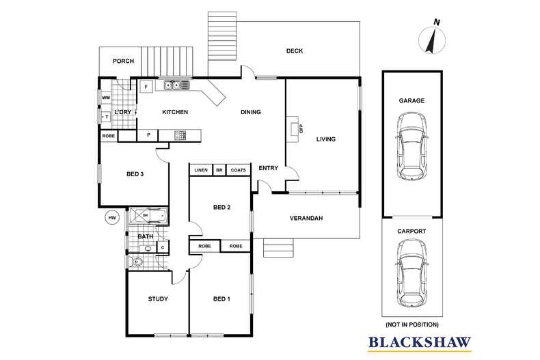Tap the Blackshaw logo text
click(x=420, y=342)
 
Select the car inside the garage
click(x=412, y=146)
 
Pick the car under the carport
click(x=412, y=273)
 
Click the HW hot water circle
click(x=112, y=217)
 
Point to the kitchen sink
click(x=172, y=85)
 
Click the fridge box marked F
click(x=146, y=86)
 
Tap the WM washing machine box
click(x=106, y=98)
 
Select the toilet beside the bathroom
click(x=137, y=262)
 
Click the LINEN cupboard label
click(x=201, y=170)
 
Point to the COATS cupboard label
click(x=239, y=170)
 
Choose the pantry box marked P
click(x=148, y=135)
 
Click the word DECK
click(x=295, y=51)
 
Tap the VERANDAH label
click(x=306, y=218)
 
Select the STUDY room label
click(x=158, y=299)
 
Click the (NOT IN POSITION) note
click(x=412, y=324)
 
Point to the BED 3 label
click(x=135, y=174)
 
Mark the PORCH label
click(x=123, y=61)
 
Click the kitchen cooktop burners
click(x=180, y=135)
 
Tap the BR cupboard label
click(x=219, y=170)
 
